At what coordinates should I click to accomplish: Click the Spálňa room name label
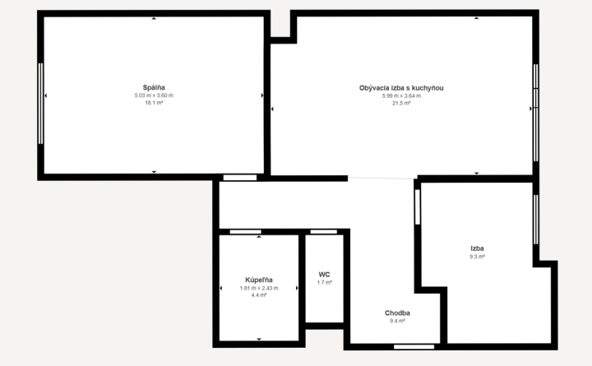pyautogui.click(x=154, y=88)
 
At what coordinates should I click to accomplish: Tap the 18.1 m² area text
pyautogui.click(x=154, y=103)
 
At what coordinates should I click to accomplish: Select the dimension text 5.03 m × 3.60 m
pyautogui.click(x=154, y=95)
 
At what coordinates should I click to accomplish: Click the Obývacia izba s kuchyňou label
pyautogui.click(x=401, y=88)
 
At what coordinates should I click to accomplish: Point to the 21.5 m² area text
pyautogui.click(x=401, y=103)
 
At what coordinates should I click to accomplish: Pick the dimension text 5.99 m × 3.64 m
pyautogui.click(x=401, y=96)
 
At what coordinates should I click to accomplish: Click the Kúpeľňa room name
pyautogui.click(x=259, y=280)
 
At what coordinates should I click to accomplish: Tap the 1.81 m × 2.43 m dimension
pyautogui.click(x=259, y=288)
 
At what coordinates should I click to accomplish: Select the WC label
pyautogui.click(x=324, y=275)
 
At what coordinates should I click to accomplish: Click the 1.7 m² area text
pyautogui.click(x=324, y=283)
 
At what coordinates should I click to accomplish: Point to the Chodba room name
pyautogui.click(x=397, y=313)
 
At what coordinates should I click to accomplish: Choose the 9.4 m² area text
pyautogui.click(x=397, y=321)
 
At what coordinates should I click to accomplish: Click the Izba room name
pyautogui.click(x=477, y=248)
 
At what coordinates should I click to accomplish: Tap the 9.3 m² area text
pyautogui.click(x=477, y=257)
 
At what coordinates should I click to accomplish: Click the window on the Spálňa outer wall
pyautogui.click(x=40, y=104)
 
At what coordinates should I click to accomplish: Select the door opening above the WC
pyautogui.click(x=324, y=232)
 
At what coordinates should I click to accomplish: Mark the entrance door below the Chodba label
pyautogui.click(x=414, y=347)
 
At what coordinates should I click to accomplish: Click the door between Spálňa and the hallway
pyautogui.click(x=240, y=178)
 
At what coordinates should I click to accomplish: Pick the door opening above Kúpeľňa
pyautogui.click(x=245, y=232)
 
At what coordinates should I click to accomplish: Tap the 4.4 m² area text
pyautogui.click(x=259, y=295)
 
